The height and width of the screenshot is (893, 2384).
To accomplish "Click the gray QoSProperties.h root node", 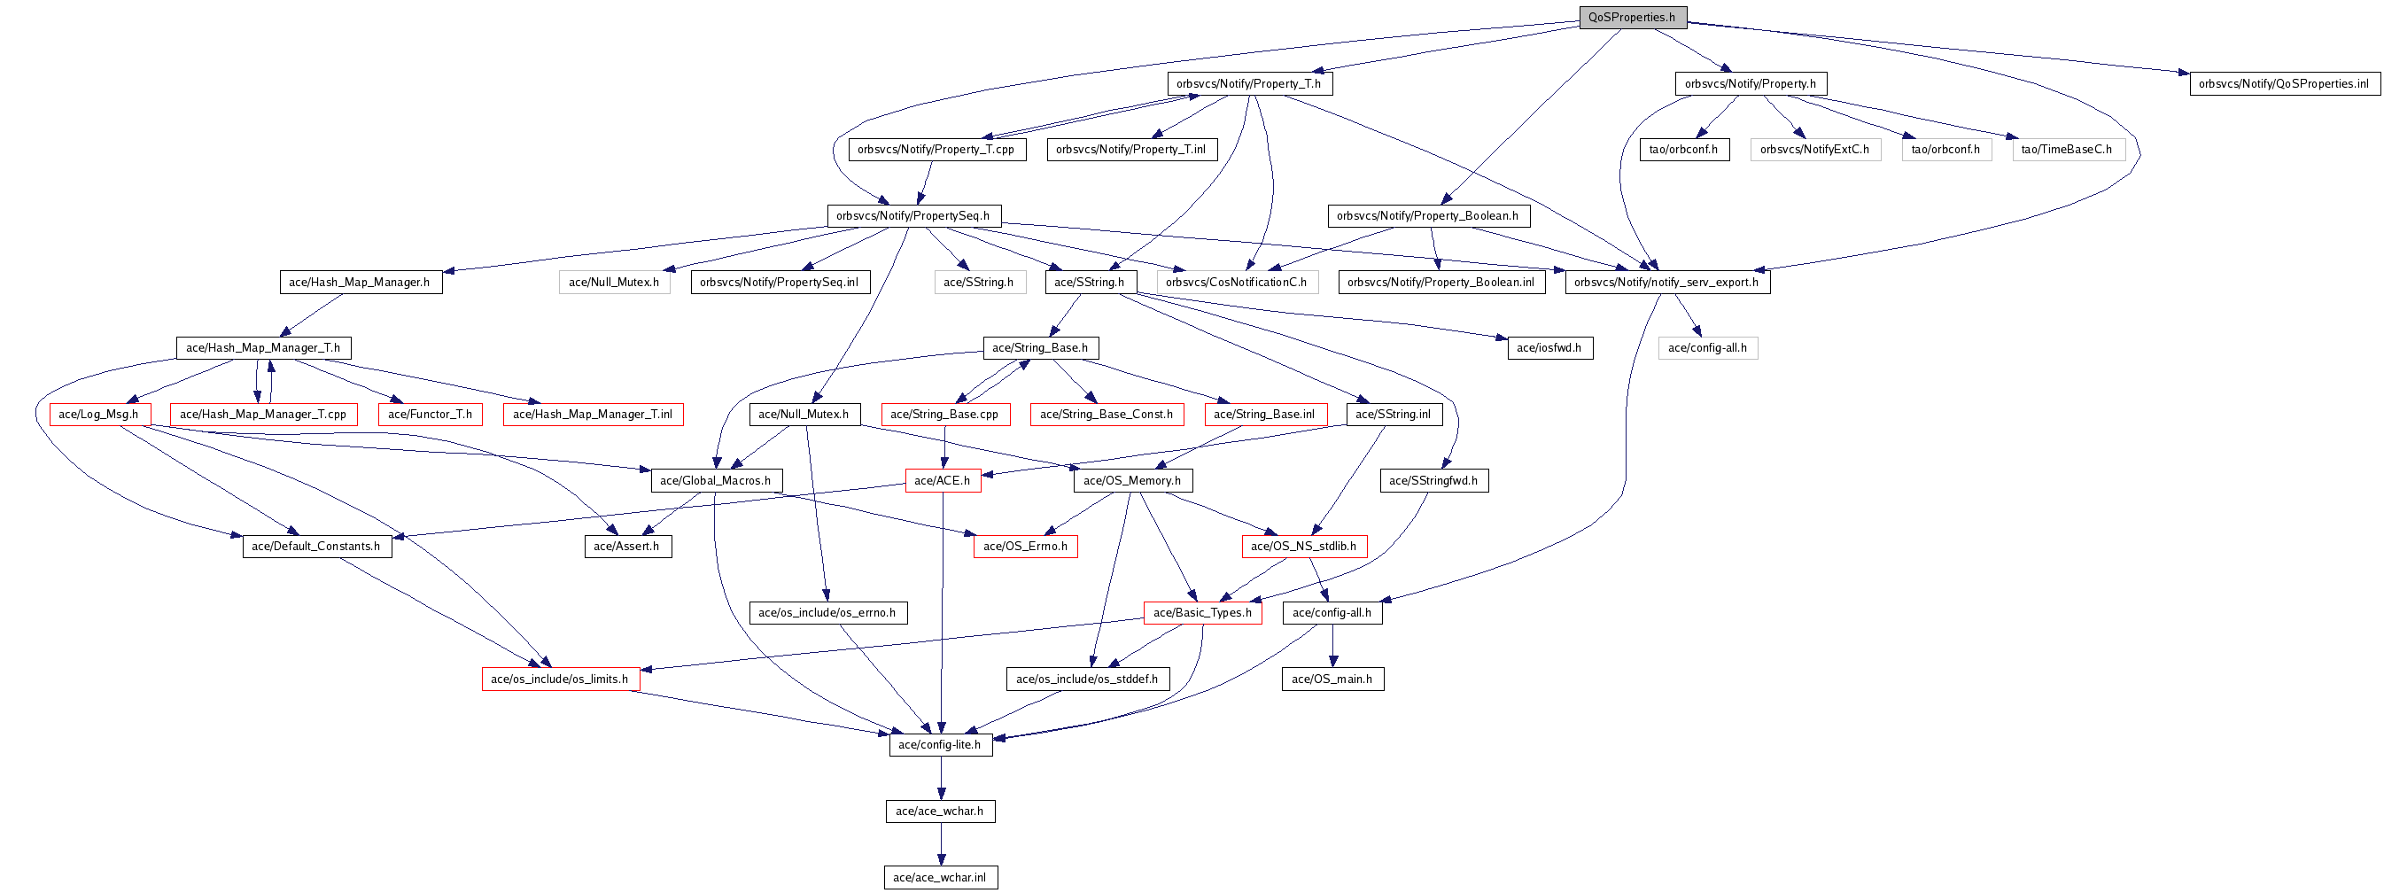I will [1632, 18].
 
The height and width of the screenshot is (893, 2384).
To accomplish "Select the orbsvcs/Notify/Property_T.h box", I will [1248, 84].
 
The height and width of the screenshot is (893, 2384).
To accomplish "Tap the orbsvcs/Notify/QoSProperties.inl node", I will [2283, 84].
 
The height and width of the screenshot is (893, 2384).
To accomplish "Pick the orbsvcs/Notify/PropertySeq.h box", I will [912, 216].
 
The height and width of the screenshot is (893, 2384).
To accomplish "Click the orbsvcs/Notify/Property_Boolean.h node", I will [1427, 216].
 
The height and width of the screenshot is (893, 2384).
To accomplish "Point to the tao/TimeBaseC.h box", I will [2067, 150].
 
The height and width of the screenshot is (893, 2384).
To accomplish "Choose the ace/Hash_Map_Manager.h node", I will [359, 283].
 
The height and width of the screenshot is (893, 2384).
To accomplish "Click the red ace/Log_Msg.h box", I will [99, 415].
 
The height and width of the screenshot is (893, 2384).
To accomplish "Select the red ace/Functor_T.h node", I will [430, 415].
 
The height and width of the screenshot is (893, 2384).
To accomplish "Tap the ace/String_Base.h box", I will [1040, 348].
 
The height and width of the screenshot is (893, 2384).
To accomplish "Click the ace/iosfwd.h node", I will [1549, 348].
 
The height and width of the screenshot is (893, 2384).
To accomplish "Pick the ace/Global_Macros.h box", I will [716, 481].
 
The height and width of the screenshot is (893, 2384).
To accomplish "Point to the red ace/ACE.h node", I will [942, 481].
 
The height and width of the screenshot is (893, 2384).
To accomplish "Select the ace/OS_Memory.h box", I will [1132, 481].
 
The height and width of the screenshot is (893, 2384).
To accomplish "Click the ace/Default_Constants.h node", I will [316, 547].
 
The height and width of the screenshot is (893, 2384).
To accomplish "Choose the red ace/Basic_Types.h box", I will [1202, 612].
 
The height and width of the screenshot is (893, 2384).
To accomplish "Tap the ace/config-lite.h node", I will [939, 745].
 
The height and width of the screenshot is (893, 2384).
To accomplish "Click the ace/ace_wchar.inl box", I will [939, 877].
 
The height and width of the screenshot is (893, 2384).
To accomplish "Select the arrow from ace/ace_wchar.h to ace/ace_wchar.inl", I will [941, 844].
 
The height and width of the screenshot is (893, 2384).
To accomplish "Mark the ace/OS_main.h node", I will [1332, 679].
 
